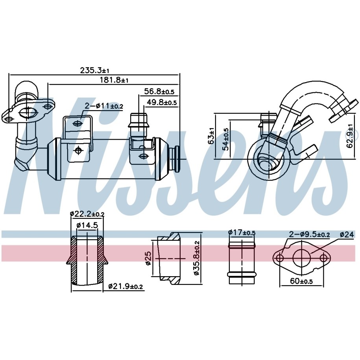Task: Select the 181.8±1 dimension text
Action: [114, 80]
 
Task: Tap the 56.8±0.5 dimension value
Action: [159, 91]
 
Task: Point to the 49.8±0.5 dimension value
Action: [162, 102]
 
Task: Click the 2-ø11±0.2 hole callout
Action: [104, 106]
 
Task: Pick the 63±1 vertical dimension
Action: [211, 136]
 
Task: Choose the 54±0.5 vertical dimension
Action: [226, 139]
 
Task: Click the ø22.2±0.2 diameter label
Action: [87, 214]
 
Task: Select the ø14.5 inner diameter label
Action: [87, 225]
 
